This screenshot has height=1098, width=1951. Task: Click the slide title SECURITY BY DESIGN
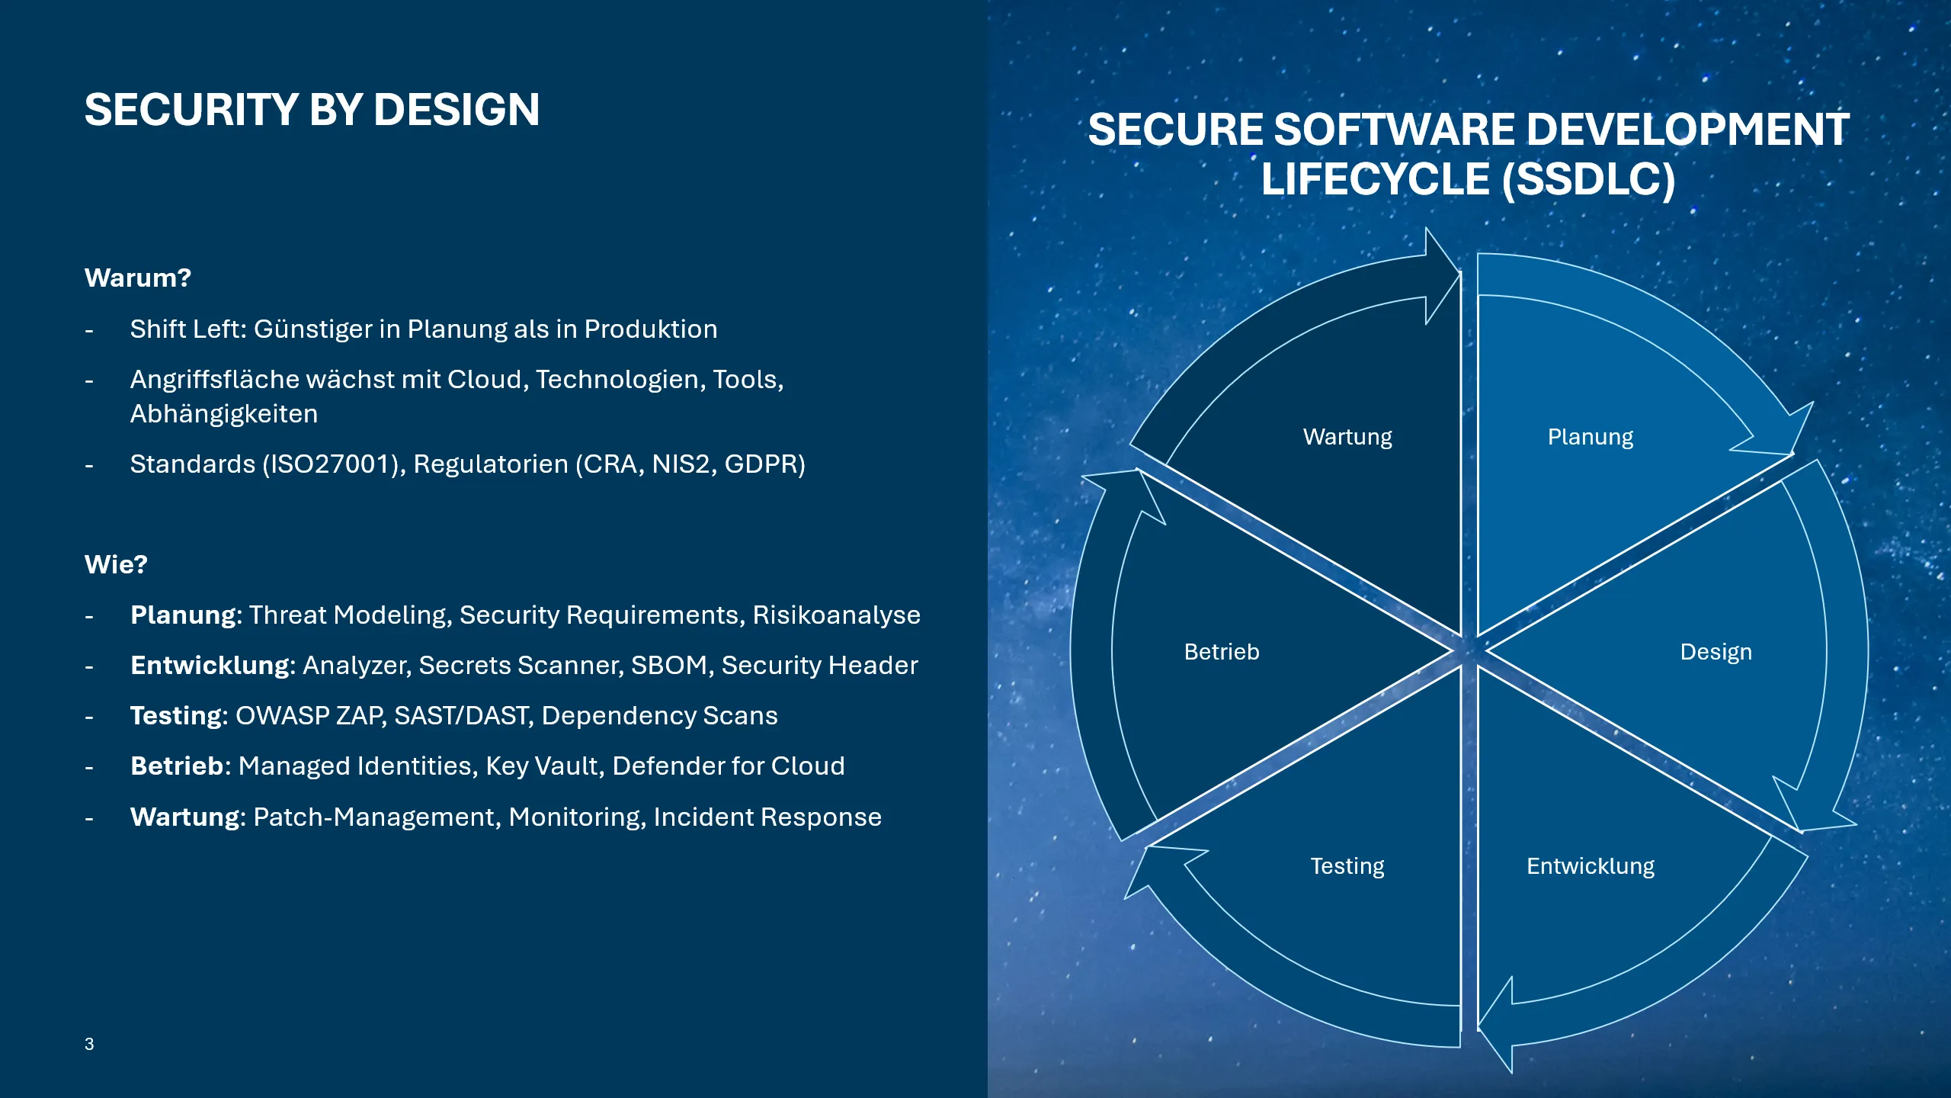(x=312, y=110)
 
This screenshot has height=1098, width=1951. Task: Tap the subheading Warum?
(x=137, y=278)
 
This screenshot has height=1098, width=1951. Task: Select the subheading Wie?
(x=116, y=564)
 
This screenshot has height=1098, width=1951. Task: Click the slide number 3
(x=89, y=1044)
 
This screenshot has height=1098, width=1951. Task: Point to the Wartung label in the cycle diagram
(x=1347, y=437)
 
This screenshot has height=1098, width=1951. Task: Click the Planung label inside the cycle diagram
(x=1590, y=437)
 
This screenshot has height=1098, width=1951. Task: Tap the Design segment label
(x=1716, y=652)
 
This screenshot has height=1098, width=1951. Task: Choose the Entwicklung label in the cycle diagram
(x=1590, y=866)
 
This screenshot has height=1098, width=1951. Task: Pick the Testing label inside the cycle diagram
(x=1347, y=866)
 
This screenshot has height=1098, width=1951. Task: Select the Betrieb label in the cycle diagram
(x=1221, y=652)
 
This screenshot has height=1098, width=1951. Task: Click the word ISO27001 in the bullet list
(x=333, y=464)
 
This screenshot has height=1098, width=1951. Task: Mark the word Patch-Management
(x=374, y=817)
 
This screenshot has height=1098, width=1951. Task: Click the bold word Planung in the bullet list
(x=183, y=615)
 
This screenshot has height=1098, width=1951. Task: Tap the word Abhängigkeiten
(x=224, y=414)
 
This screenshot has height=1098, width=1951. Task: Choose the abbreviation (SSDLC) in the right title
(x=1588, y=180)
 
